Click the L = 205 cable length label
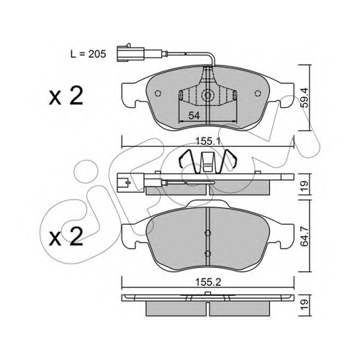(88, 54)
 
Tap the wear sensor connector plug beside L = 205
(130, 53)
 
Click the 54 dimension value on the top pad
(194, 116)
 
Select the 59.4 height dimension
(305, 98)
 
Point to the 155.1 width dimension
(208, 142)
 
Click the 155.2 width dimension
(208, 282)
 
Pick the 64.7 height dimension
(305, 236)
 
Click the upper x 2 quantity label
(66, 96)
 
